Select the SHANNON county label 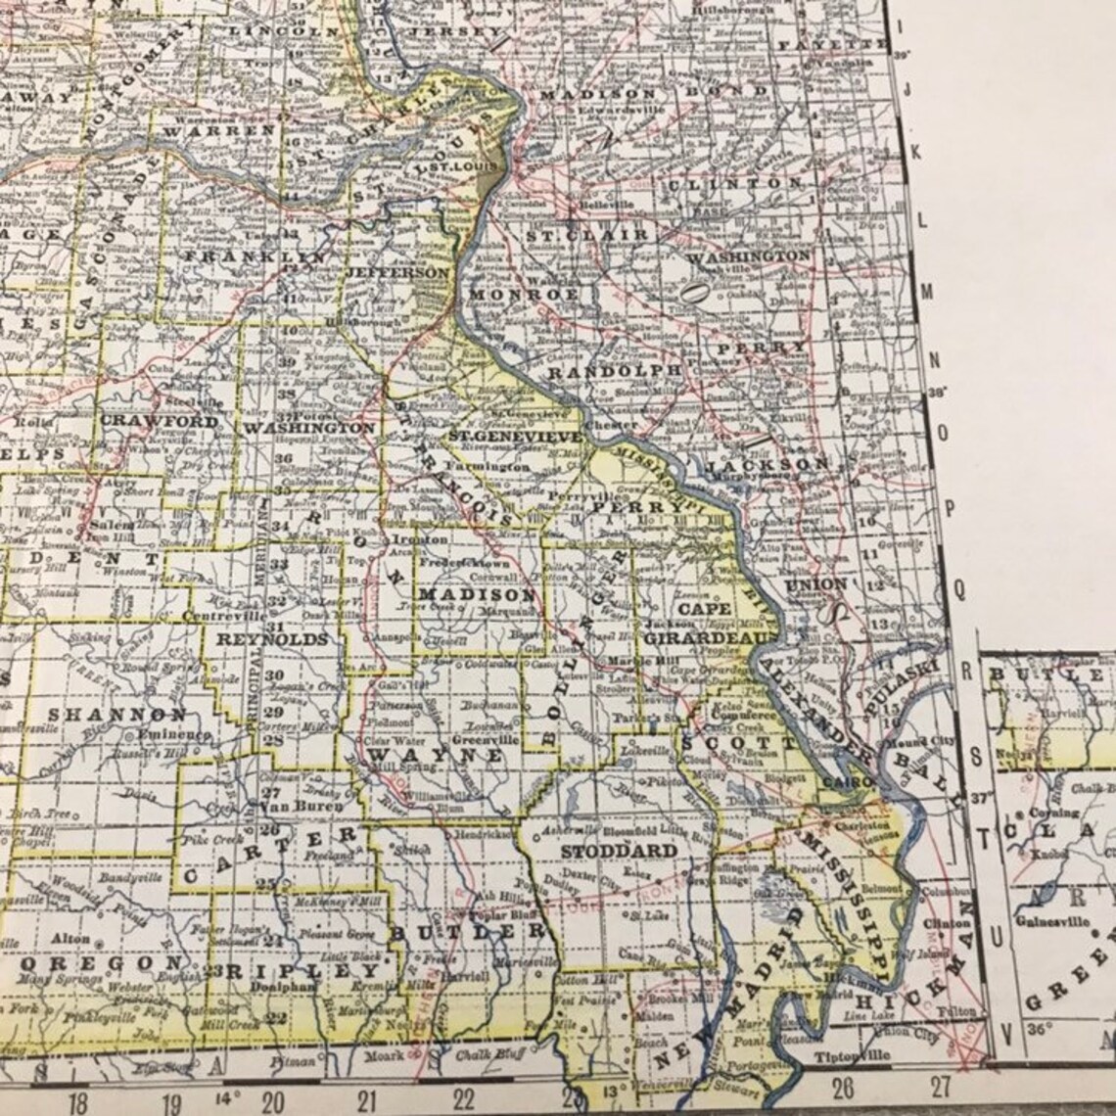116,715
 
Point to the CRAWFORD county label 160,421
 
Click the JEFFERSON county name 398,272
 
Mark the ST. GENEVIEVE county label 515,434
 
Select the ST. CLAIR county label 586,235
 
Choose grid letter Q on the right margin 959,587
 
